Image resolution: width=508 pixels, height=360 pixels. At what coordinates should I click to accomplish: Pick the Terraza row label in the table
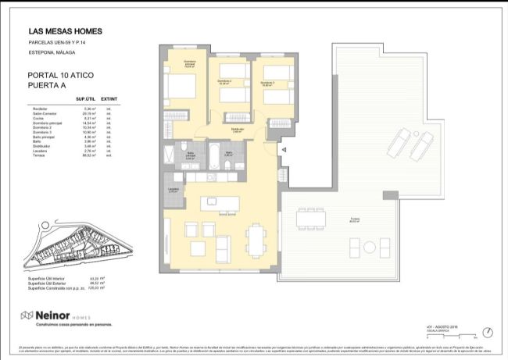click(37, 157)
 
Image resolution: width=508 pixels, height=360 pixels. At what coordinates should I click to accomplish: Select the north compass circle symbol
click(488, 331)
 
